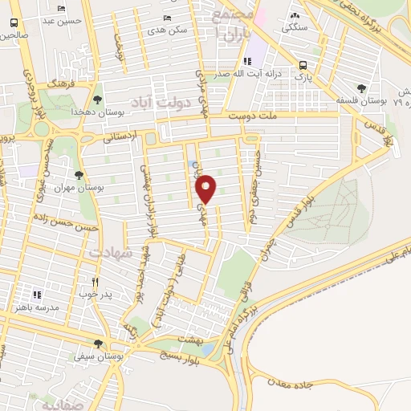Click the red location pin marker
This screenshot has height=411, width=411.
pyautogui.click(x=207, y=188)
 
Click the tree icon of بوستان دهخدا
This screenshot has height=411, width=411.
pyautogui.click(x=97, y=100)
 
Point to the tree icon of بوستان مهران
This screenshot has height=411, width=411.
pyautogui.click(x=79, y=174)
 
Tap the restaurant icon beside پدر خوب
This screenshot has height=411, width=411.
pyautogui.click(x=95, y=282)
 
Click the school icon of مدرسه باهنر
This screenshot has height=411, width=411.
pyautogui.click(x=35, y=295)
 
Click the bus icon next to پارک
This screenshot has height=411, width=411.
pyautogui.click(x=302, y=66)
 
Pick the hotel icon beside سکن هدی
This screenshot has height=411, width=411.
pyautogui.click(x=167, y=18)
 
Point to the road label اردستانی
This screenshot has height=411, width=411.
pyautogui.click(x=120, y=138)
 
